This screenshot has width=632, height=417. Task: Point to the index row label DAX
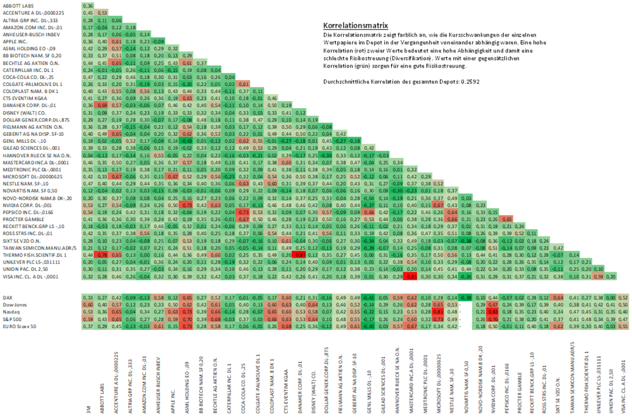(9, 298)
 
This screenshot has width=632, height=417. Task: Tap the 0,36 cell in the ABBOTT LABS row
(88, 6)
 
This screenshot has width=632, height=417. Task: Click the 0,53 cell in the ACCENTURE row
(102, 12)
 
